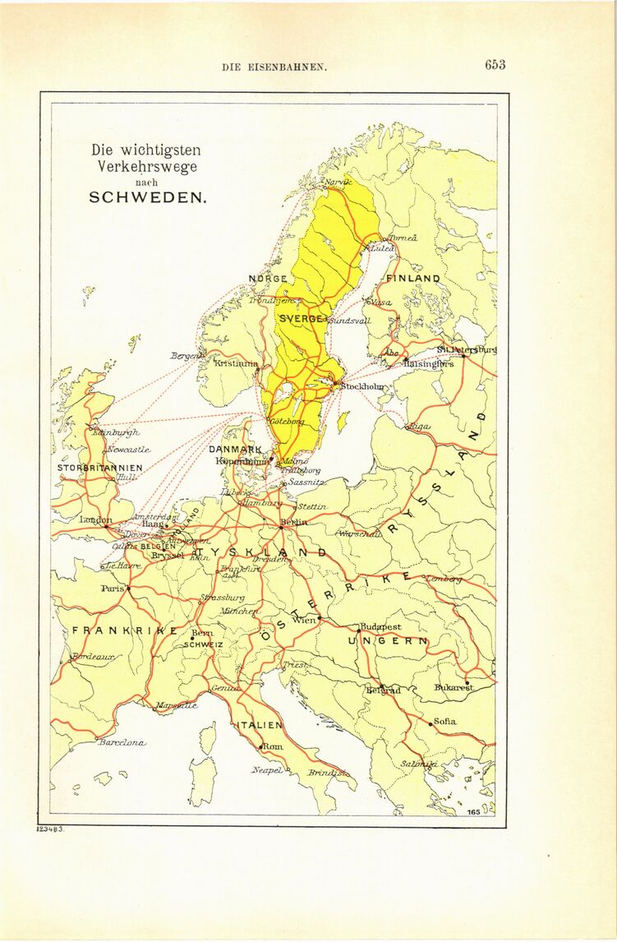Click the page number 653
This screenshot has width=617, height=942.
pos(495,65)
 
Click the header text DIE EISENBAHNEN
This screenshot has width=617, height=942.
pos(275,67)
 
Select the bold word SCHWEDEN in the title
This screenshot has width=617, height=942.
pos(149,198)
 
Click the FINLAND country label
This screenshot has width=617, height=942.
pos(413,279)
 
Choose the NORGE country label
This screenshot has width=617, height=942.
pos(268,279)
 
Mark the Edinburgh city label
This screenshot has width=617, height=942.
pos(116,432)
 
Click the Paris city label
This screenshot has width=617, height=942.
pos(112,589)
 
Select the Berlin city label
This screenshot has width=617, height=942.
pos(294,522)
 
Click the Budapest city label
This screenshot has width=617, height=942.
pos(381,626)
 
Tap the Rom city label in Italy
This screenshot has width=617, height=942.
pos(272,746)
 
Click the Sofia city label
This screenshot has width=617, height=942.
pos(444,721)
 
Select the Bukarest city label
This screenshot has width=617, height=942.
pos(454,687)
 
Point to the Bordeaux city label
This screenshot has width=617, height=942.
pos(94,657)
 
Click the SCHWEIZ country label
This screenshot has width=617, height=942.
pos(203,645)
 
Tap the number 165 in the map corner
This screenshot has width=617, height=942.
pos(473,812)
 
